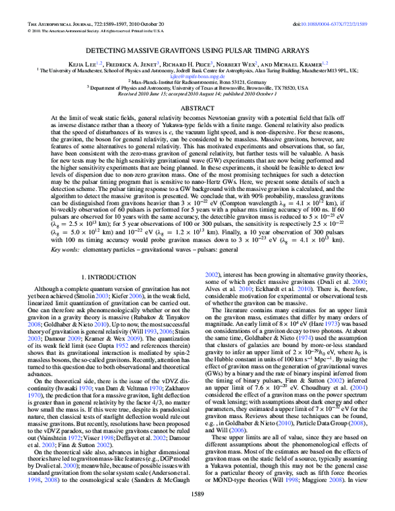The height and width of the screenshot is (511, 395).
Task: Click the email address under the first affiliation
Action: click(x=197, y=74)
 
